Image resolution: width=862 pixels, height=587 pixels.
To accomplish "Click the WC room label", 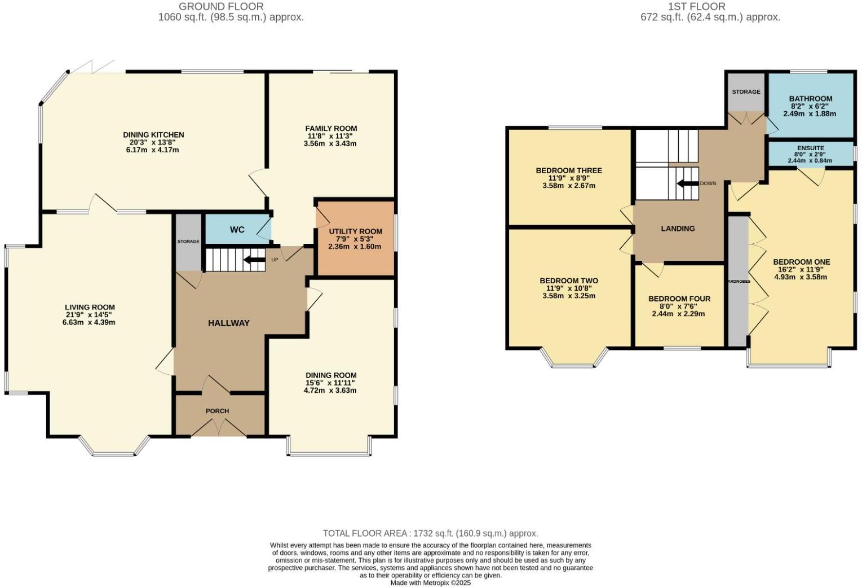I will click(237, 230).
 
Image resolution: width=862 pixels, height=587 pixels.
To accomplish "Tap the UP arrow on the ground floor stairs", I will click(254, 260).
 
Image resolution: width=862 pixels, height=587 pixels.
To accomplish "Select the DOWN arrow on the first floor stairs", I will click(687, 183).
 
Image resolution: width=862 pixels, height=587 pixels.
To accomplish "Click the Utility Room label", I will click(355, 231).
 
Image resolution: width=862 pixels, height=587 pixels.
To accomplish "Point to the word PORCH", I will click(217, 411).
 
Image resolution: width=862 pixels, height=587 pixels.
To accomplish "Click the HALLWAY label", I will click(228, 323).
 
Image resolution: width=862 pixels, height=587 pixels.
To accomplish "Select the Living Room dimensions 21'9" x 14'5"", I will click(90, 315).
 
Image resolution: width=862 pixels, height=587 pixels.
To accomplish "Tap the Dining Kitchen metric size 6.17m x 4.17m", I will click(153, 150).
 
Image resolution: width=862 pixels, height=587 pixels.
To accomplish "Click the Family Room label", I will click(331, 129).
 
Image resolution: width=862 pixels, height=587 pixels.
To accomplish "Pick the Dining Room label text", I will click(331, 375).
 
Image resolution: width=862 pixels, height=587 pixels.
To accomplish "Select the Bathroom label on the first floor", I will click(810, 99).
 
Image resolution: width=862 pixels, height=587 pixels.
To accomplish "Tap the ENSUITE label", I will click(810, 148).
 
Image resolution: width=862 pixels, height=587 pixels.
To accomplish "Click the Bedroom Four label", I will click(679, 299).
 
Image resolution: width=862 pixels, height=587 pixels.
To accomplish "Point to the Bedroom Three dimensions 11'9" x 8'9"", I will click(569, 178).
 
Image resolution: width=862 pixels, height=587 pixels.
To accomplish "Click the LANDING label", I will click(678, 229).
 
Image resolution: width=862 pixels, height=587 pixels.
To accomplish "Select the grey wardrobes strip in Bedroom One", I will click(737, 281).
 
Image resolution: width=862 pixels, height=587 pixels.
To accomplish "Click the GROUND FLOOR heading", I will click(221, 7).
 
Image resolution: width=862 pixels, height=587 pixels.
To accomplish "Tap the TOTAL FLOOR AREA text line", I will click(430, 533).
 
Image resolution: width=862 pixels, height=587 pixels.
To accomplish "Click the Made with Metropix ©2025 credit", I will click(430, 582).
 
